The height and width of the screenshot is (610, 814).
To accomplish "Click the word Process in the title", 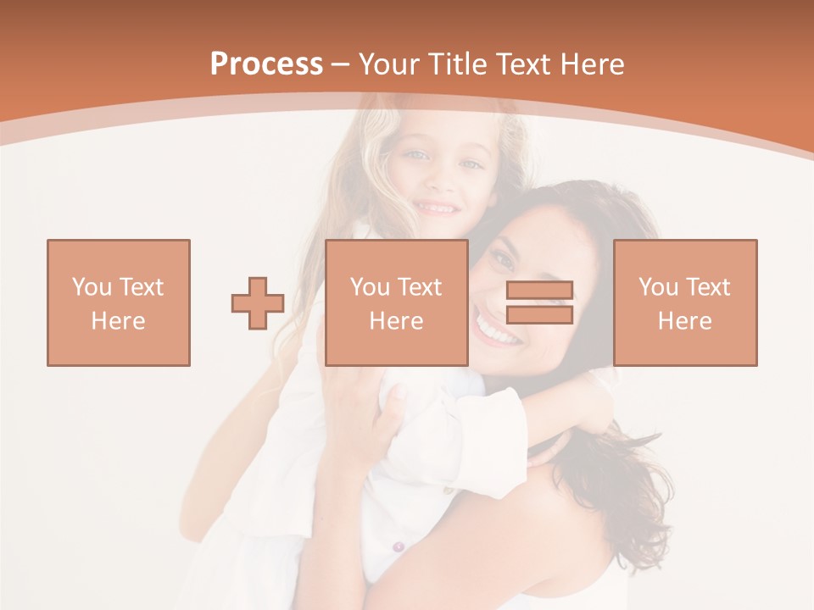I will click(266, 64).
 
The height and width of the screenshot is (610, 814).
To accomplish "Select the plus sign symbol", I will click(258, 303).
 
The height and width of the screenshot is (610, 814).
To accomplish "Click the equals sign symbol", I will click(539, 302).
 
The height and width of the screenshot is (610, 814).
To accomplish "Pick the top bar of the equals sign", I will click(539, 290).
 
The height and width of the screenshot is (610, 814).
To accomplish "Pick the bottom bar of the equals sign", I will click(539, 314).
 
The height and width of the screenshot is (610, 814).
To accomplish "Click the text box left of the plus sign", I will click(119, 302).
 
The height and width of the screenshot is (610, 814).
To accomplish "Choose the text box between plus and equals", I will click(397, 302).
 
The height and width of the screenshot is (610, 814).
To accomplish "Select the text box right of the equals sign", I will click(685, 302).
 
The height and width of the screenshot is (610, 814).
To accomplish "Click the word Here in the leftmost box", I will click(119, 321).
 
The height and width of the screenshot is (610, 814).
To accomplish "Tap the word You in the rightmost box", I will click(658, 287).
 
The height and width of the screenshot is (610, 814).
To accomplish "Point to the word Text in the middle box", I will click(421, 287).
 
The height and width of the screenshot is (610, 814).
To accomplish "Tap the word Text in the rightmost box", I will click(709, 287).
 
